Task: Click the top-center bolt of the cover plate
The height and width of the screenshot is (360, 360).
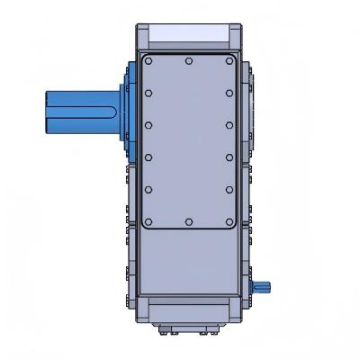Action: [188, 61]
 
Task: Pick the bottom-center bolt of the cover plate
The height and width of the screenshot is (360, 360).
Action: [188, 221]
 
